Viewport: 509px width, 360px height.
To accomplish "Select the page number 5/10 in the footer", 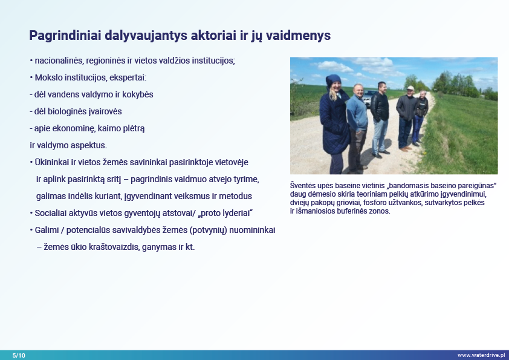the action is pyautogui.click(x=19, y=355).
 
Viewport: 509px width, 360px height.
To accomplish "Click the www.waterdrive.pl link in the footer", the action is pyautogui.click(x=481, y=355).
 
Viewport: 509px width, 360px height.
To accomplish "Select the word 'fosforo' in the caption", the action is pyautogui.click(x=375, y=203).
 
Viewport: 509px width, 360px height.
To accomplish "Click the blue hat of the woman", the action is pyautogui.click(x=332, y=80).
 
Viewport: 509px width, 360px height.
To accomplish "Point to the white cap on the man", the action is pyautogui.click(x=410, y=88).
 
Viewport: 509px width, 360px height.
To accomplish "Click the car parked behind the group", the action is pyautogui.click(x=368, y=98).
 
